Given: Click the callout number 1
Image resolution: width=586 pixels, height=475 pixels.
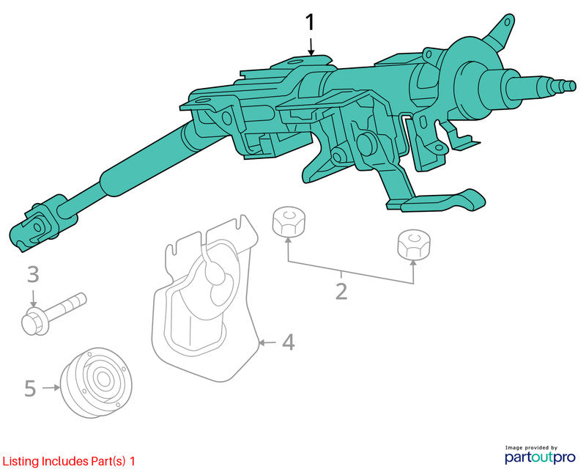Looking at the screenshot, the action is tap(310, 23).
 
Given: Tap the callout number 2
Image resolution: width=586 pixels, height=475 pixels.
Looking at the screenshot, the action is tap(341, 292).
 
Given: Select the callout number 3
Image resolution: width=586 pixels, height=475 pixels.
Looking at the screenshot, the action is tap(33, 275).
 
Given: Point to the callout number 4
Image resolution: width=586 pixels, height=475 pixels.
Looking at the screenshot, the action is tap(288, 342).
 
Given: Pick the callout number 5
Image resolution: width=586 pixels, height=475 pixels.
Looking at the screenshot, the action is tap(30, 389).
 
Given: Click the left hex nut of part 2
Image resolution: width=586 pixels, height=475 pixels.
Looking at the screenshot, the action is tap(288, 222).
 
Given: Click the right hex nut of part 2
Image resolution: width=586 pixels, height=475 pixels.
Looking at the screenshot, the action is tap(413, 244).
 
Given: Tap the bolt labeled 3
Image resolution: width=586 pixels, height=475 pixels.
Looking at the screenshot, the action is tap(53, 314).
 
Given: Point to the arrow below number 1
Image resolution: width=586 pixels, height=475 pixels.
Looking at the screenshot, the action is tap(311, 47).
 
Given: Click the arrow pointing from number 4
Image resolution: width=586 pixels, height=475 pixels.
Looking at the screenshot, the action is tap(267, 342).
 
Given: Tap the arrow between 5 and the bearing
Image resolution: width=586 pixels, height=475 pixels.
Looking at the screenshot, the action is tap(51, 388).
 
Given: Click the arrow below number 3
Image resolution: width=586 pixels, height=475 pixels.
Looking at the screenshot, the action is tap(34, 299).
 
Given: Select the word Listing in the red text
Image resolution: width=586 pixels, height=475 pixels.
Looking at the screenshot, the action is tap(21, 462).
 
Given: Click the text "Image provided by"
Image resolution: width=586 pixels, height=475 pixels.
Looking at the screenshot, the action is tap(531, 447).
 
